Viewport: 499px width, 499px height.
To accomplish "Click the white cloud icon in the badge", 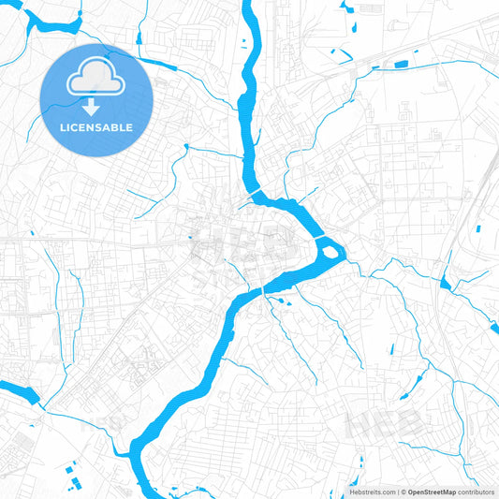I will point(95,82).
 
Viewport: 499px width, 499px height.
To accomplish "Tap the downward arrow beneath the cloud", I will point(95,108).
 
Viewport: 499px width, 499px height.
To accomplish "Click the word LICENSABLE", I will point(95,126).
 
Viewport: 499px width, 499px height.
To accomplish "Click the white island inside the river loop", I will point(330,249).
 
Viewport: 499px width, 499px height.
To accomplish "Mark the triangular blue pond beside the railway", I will point(444,283).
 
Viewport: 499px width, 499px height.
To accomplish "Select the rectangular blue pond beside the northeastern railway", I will point(401,65).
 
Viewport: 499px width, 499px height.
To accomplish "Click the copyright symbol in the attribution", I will point(403,492).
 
